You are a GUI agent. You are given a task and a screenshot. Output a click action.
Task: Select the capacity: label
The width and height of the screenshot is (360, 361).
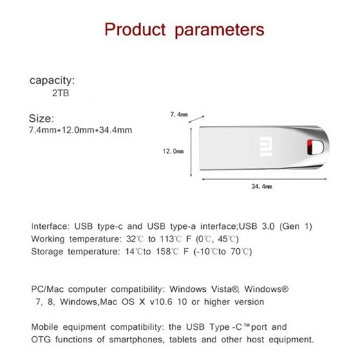pyautogui.click(x=52, y=80)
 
